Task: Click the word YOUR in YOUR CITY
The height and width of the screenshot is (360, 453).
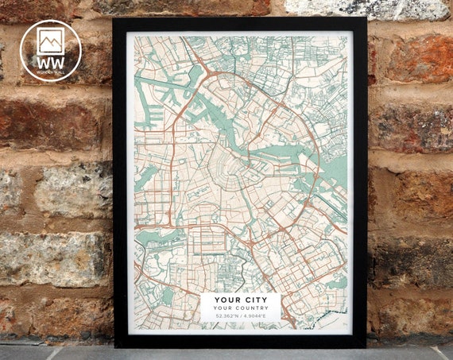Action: click(x=228, y=300)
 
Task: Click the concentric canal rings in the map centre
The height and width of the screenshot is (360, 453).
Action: click(x=238, y=171)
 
